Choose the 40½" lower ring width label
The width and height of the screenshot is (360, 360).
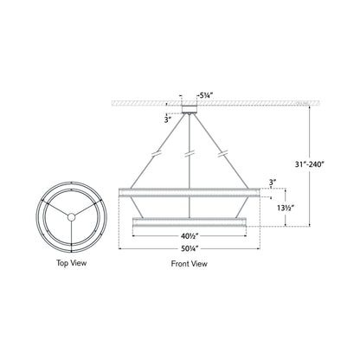[x=187, y=236]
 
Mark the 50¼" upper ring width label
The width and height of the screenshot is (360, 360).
[x=187, y=250]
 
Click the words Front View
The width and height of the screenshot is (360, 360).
[x=187, y=263]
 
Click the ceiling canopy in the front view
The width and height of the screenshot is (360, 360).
[x=188, y=109]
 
